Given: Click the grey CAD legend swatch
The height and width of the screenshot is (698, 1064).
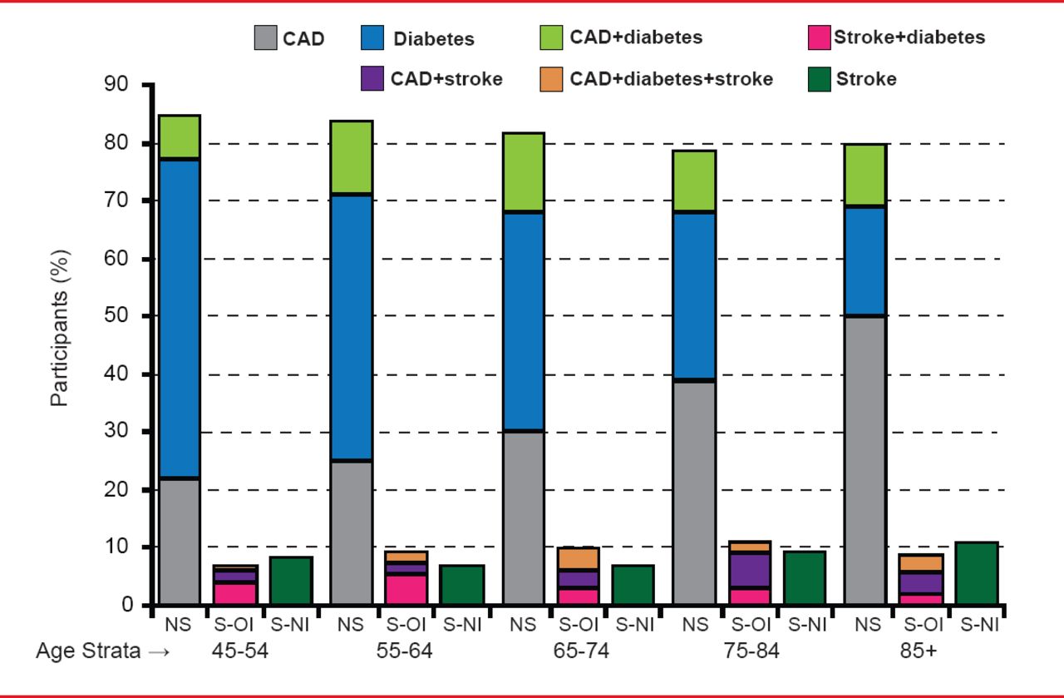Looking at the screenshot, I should (x=265, y=37).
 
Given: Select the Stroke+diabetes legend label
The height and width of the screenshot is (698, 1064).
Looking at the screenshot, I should (x=909, y=37).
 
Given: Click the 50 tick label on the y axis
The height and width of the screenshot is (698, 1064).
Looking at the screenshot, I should (x=119, y=316).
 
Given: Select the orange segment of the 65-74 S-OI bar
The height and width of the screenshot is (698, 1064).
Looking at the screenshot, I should (x=578, y=557).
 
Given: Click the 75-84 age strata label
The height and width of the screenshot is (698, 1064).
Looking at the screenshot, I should (x=751, y=651).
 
